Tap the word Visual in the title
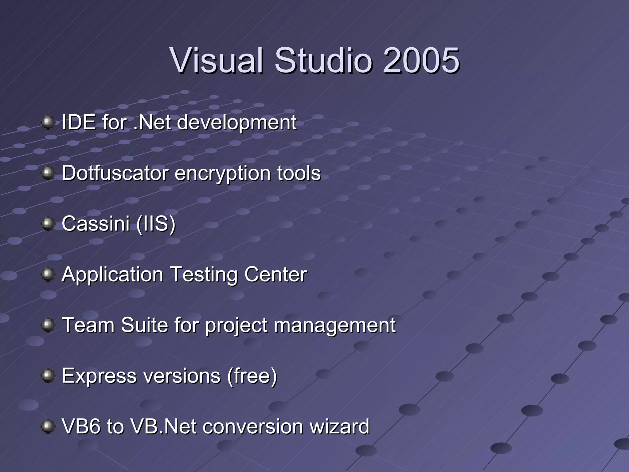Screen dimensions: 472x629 click(x=217, y=61)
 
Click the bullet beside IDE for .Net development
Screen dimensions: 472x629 click(x=48, y=122)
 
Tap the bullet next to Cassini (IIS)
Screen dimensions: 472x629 click(x=48, y=224)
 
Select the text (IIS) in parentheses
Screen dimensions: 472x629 click(x=156, y=224)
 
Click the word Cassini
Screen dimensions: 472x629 click(x=96, y=224)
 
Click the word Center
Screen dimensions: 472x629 click(x=275, y=274)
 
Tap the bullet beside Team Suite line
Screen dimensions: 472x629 click(x=48, y=325)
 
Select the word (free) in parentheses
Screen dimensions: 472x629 click(x=252, y=376)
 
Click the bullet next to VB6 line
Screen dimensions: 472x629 click(x=48, y=427)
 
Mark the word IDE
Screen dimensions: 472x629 click(x=79, y=122)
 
